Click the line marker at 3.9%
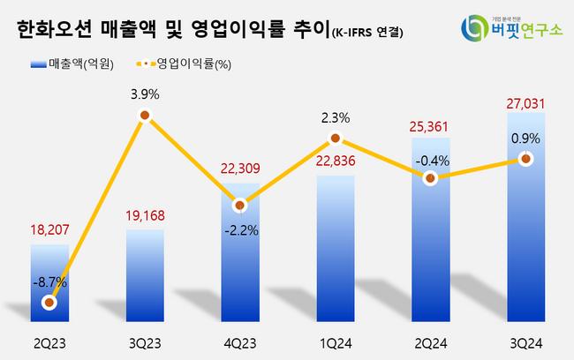(144, 116)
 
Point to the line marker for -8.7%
(49, 303)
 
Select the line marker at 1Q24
(335, 139)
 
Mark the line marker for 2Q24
(430, 178)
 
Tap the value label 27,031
(525, 103)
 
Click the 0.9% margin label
(525, 137)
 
